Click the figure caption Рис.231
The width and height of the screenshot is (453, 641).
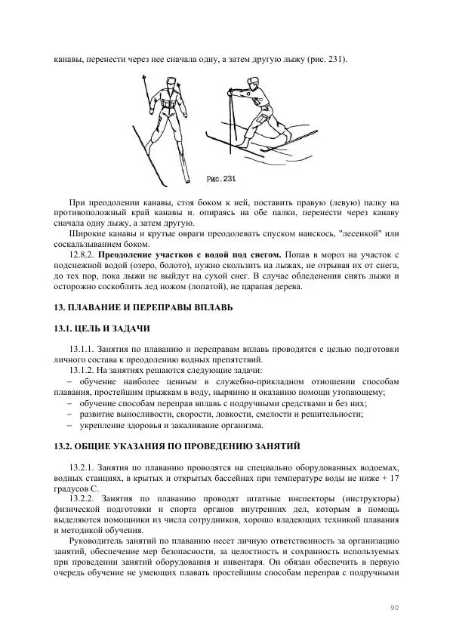tap(221, 179)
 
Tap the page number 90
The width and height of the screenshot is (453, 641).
tap(394, 607)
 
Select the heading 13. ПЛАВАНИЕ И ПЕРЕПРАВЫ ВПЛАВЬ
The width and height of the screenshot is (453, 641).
tap(144, 308)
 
